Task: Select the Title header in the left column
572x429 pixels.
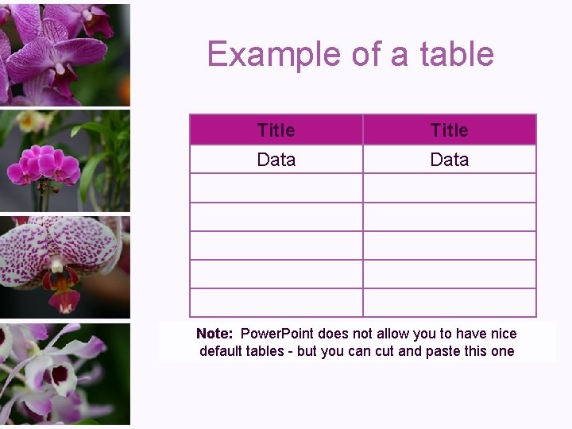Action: [276, 130]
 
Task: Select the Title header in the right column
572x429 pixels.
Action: [449, 130]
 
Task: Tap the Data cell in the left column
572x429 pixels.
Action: [276, 160]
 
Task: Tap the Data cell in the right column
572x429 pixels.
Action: [449, 160]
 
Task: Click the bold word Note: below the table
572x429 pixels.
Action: [214, 334]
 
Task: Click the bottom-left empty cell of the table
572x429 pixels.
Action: [276, 303]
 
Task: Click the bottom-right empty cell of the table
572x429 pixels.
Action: [449, 303]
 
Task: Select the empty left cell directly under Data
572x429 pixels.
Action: [276, 188]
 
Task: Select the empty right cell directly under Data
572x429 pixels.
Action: [449, 188]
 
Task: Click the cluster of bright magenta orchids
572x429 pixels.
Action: [44, 165]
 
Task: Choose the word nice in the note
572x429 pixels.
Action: [502, 334]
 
